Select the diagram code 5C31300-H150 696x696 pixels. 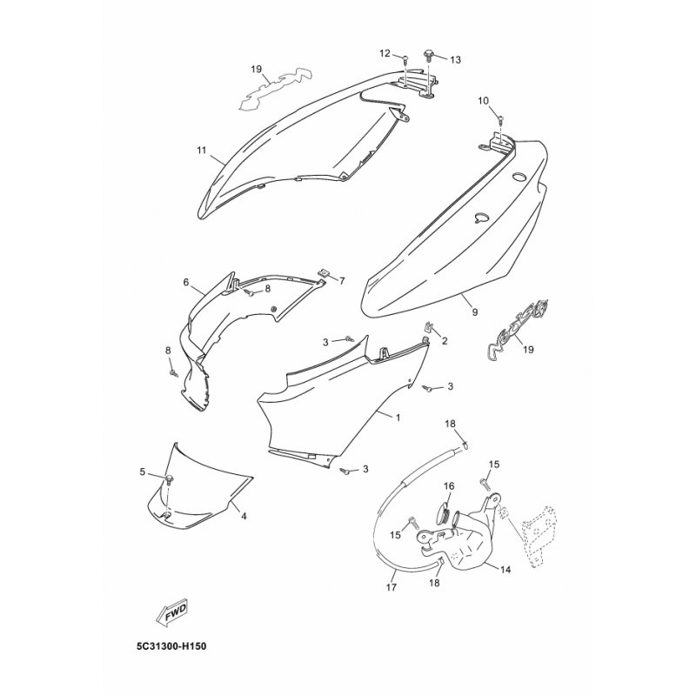[x=171, y=646]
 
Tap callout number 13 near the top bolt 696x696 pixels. [x=455, y=59]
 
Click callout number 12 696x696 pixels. [x=385, y=53]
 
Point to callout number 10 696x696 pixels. [x=483, y=101]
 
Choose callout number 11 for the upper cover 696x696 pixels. [x=202, y=150]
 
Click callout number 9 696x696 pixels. [x=475, y=312]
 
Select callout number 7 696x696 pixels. [x=342, y=280]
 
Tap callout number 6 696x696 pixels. [x=186, y=282]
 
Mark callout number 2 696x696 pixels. [x=445, y=341]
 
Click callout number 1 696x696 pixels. [x=398, y=418]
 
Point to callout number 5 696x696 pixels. [x=143, y=472]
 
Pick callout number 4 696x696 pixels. [x=244, y=516]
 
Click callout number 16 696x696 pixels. [x=449, y=486]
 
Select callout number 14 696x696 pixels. [x=505, y=570]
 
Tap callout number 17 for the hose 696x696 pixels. [x=391, y=587]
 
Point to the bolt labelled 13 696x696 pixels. [x=430, y=55]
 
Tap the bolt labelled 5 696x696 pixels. [x=170, y=479]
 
